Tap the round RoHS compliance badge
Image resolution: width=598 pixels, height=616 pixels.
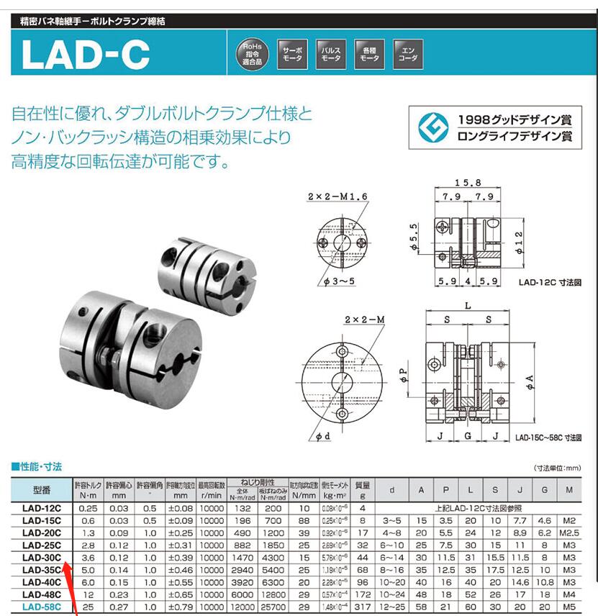click(x=252, y=54)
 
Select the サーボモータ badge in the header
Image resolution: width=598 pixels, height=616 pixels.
click(x=292, y=54)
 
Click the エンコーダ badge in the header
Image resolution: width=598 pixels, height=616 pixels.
click(x=408, y=54)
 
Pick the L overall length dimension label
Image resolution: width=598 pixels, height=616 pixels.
click(x=468, y=306)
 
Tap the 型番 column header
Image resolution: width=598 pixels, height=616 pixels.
click(x=41, y=491)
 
